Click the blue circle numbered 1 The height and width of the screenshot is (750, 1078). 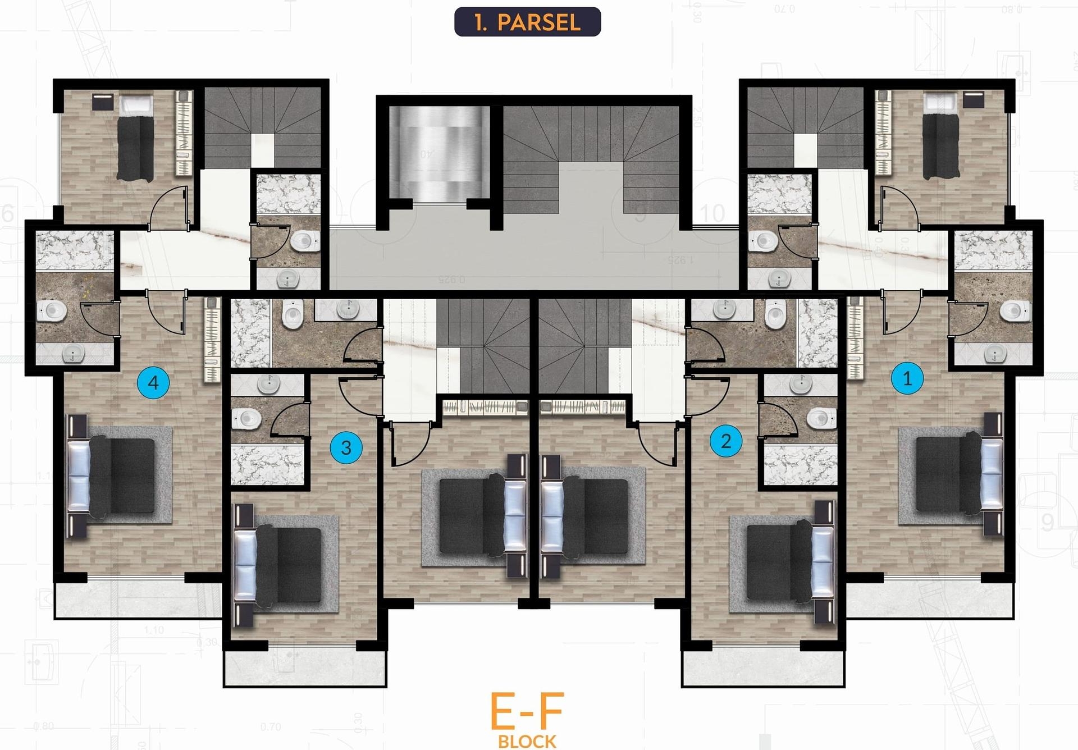coord(907,378)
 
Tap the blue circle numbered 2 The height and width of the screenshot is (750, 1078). coord(725,441)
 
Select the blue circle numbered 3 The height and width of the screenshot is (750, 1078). coord(346,447)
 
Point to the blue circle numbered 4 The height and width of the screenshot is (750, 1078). coord(153,382)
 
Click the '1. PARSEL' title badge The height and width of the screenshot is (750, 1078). coord(527,22)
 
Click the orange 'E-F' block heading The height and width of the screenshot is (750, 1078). coord(527,711)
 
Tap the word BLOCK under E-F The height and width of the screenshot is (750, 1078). coord(527,741)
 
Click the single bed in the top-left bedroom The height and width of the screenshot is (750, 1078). coord(135,138)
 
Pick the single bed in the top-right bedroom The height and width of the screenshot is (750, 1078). coord(941,138)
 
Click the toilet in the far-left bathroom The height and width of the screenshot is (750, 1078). coord(52,310)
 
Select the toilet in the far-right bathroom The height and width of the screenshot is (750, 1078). coord(1016,310)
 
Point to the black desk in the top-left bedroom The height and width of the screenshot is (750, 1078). coord(102,102)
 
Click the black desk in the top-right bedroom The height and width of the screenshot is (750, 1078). coord(973,100)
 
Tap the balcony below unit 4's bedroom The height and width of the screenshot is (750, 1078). coord(138,600)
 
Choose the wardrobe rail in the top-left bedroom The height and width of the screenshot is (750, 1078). coord(185,132)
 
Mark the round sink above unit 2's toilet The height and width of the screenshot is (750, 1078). coord(800,385)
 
